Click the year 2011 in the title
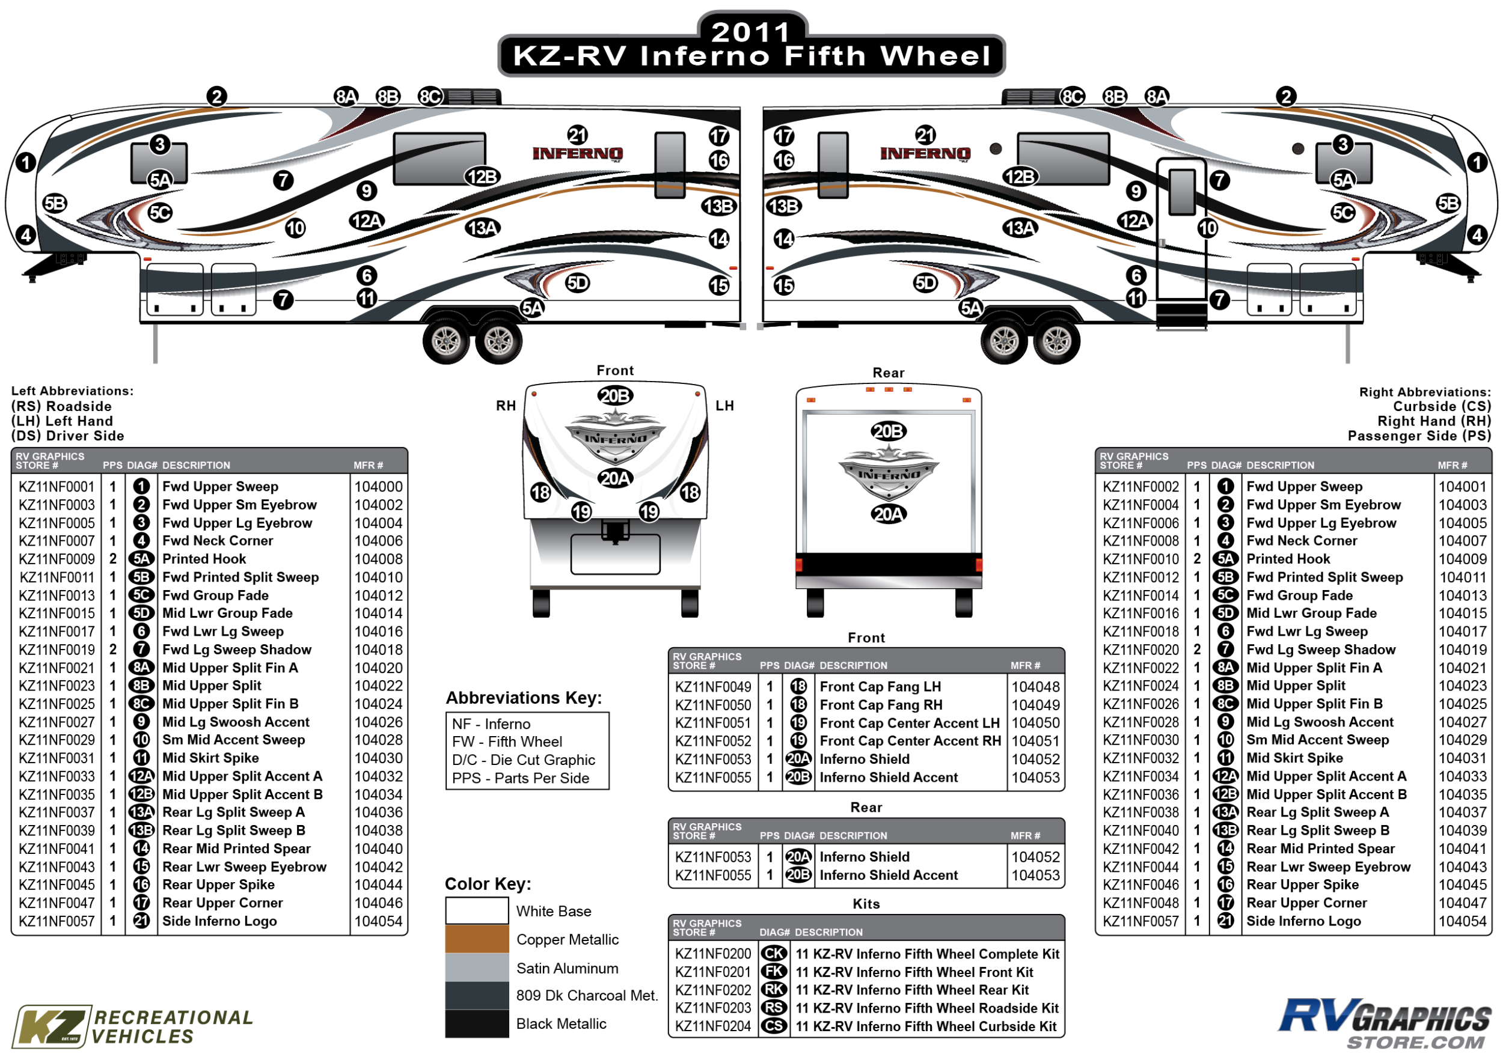[751, 31]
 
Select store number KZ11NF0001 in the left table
[57, 487]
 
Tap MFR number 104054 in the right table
[1462, 921]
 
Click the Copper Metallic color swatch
[477, 939]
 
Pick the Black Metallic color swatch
[477, 1023]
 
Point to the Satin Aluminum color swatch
[477, 967]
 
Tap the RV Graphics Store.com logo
[1385, 1023]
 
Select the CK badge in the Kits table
[774, 954]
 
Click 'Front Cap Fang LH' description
[880, 687]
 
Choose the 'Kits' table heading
[866, 904]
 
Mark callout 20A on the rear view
[889, 514]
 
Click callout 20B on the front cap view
[614, 396]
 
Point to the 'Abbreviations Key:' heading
[524, 698]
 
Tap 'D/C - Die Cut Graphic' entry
[523, 760]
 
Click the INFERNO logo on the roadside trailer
[577, 154]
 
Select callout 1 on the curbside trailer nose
[1477, 162]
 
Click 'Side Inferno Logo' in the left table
[219, 921]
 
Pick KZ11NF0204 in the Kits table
[713, 1026]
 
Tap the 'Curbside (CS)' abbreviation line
[1442, 406]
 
